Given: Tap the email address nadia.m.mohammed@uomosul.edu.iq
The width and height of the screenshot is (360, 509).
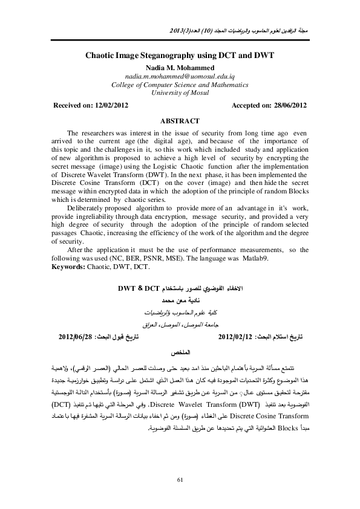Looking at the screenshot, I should (x=179, y=77).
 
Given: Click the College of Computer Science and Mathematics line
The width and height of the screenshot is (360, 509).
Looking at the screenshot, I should (x=179, y=85).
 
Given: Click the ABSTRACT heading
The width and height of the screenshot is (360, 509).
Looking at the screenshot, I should (x=180, y=122).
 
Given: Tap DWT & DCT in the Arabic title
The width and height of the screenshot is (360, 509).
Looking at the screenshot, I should (x=134, y=289).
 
